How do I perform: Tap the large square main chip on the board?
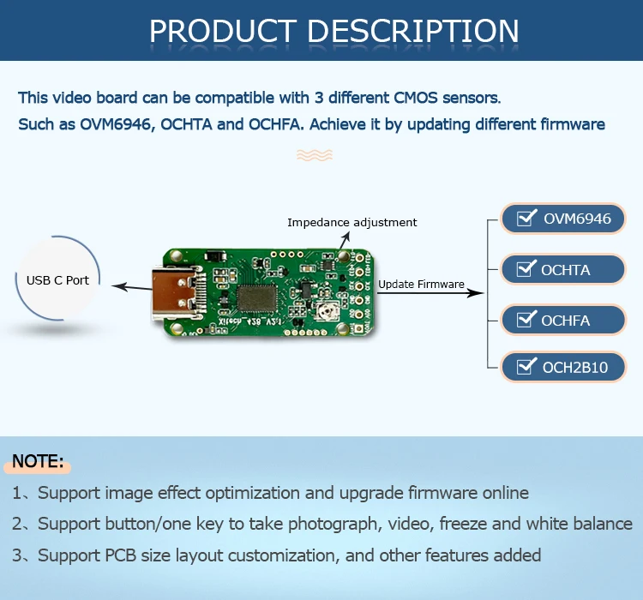(x=258, y=297)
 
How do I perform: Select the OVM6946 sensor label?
(x=577, y=219)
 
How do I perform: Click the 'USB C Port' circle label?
(x=57, y=280)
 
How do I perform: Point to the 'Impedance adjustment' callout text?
(x=352, y=222)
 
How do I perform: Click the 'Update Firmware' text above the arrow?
(x=421, y=284)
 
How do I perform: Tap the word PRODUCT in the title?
(x=223, y=31)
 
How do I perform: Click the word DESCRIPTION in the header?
(x=412, y=31)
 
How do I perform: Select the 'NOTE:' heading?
(x=38, y=461)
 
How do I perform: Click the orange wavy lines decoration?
(x=314, y=154)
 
